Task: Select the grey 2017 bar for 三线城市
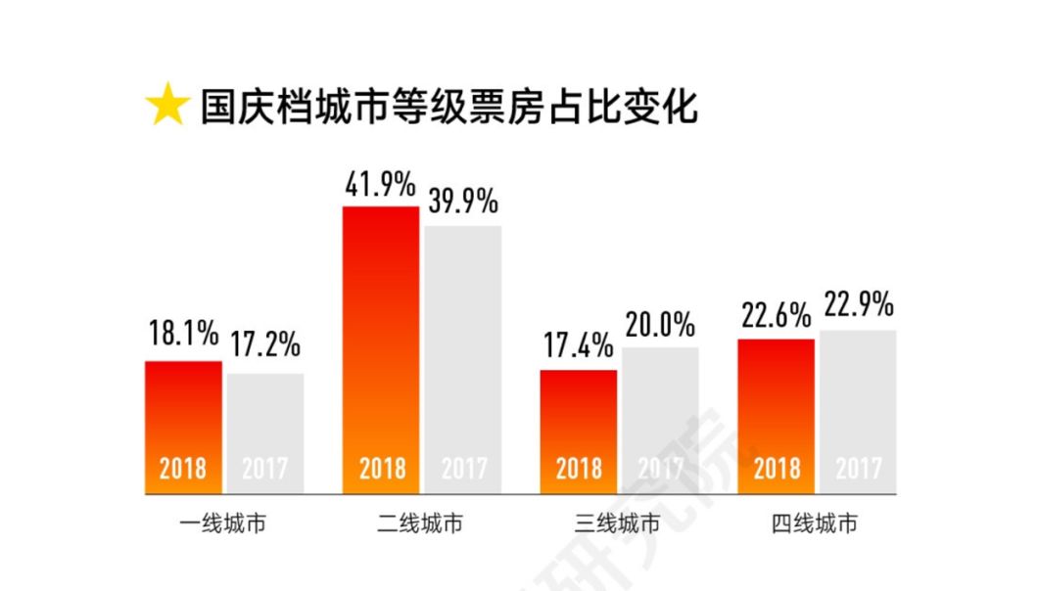(660, 420)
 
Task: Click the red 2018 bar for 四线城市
(776, 416)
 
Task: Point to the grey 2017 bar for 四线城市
(858, 411)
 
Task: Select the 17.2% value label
(265, 345)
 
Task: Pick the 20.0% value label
(660, 324)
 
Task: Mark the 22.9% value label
(858, 306)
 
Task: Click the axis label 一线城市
(224, 524)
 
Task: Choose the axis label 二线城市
(421, 524)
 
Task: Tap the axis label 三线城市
(619, 524)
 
